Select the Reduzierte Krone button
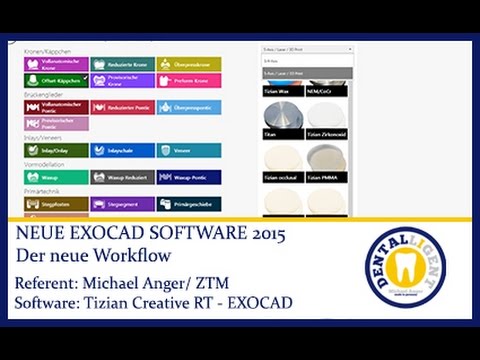[x=122, y=64]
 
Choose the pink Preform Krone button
[x=187, y=80]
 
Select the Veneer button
[x=187, y=150]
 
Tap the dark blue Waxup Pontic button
[x=187, y=176]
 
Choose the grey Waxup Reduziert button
[x=122, y=176]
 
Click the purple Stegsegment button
[x=122, y=203]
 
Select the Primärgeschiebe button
[x=187, y=203]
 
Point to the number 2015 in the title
[x=265, y=235]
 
